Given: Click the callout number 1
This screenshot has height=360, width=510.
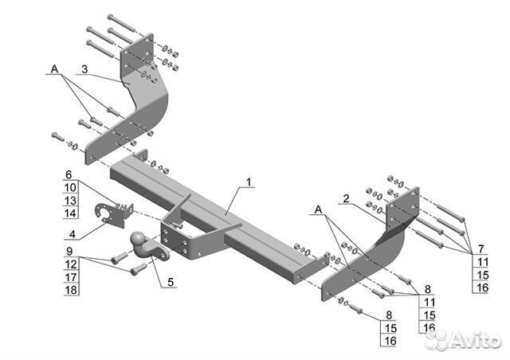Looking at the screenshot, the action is (249, 182).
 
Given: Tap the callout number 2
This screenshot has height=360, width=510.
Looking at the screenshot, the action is (346, 198).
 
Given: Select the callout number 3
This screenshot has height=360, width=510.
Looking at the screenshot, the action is (84, 69).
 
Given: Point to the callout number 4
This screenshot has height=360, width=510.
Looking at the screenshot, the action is (73, 234).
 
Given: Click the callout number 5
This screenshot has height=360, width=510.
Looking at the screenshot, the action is (171, 282).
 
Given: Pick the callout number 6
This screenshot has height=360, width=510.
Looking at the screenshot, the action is (69, 174).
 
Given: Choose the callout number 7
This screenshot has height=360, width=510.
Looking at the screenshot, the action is (481, 248).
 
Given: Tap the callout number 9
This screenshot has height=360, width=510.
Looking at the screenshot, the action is (69, 251).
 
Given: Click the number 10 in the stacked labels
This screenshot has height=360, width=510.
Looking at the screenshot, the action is (70, 187).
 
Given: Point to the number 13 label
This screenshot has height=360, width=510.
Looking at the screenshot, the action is (70, 201).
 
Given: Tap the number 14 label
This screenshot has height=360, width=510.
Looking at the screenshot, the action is (70, 213).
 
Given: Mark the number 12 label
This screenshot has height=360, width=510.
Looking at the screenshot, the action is (71, 264).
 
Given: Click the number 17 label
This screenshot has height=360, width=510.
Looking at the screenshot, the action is (71, 277).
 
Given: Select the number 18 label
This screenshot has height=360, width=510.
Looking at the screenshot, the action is (71, 290).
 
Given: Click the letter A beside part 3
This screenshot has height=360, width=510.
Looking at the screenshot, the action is (54, 69).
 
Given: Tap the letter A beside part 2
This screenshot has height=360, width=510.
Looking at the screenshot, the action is (318, 209).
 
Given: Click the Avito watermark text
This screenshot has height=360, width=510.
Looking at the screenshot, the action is (475, 341).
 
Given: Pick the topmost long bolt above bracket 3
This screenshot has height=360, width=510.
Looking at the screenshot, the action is (121, 23).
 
